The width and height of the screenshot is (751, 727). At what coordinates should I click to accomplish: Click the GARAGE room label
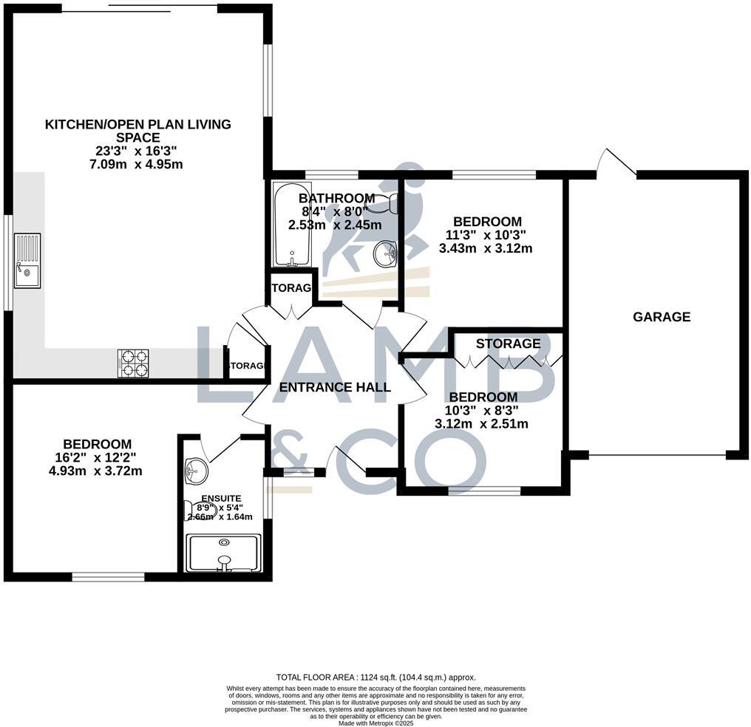[x=662, y=317]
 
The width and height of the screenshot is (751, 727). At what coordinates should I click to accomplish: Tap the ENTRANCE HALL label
[x=335, y=387]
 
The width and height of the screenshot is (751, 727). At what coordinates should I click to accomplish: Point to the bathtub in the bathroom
[x=293, y=225]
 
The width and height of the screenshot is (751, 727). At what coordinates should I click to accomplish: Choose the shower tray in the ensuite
[x=223, y=553]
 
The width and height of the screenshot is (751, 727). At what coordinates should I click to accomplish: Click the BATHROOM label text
[x=336, y=199]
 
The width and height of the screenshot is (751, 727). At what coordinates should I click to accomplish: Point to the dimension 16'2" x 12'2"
[x=98, y=457]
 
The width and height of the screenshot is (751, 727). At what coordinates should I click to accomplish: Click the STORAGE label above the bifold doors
[x=508, y=344]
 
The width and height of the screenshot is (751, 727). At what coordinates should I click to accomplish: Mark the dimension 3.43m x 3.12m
[x=486, y=248]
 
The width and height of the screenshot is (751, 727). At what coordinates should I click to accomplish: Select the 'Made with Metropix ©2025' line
[x=375, y=723]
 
